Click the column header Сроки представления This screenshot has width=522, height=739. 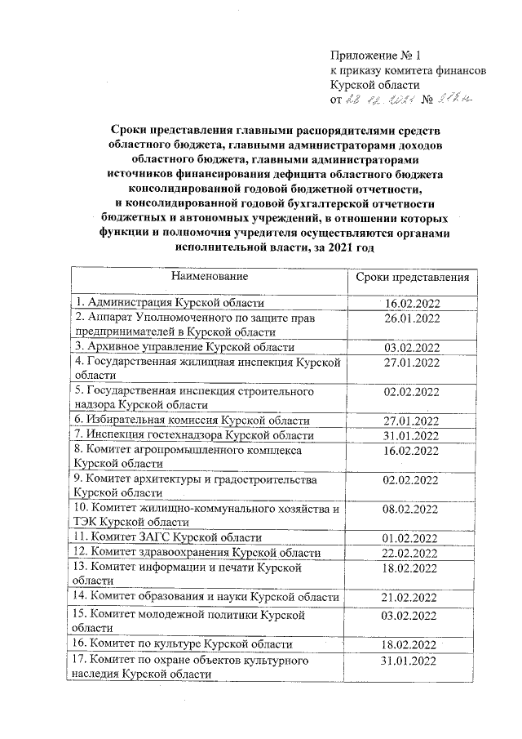click(413, 277)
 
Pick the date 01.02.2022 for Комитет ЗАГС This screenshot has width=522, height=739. click(412, 537)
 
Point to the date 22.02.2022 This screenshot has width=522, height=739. click(412, 553)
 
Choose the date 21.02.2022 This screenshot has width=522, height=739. click(412, 598)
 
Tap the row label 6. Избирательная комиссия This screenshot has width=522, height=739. click(192, 421)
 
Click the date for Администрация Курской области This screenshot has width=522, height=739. click(412, 303)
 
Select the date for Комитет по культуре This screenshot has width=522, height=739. click(412, 644)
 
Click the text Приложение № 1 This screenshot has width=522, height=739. click(374, 56)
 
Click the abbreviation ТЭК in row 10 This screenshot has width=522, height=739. click(87, 523)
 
